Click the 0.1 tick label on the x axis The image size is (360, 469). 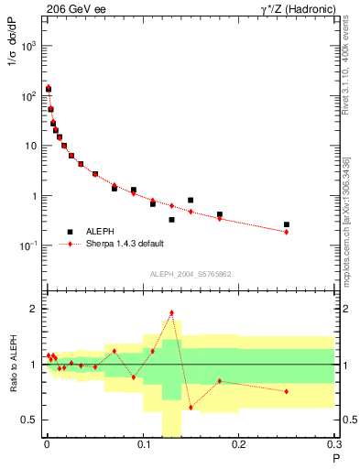click(143, 446)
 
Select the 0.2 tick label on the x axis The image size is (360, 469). click(239, 446)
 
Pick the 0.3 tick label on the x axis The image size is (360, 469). click(334, 446)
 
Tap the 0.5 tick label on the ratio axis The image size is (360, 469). click(29, 420)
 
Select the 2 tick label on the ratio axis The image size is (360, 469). click(34, 309)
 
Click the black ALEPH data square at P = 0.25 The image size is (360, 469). click(287, 224)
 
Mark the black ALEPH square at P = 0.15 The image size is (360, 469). click(191, 200)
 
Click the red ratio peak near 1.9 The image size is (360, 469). click(171, 312)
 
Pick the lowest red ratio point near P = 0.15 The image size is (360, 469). click(191, 407)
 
